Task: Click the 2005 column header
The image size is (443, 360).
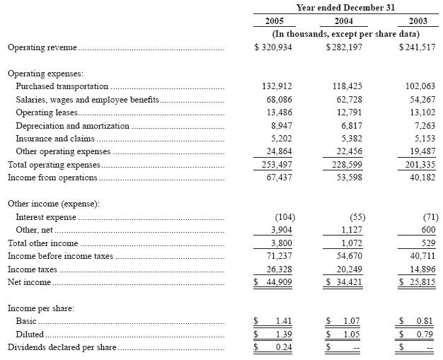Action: (273, 21)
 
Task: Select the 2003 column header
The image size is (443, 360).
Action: (418, 21)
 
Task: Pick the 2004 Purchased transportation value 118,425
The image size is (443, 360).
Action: (347, 86)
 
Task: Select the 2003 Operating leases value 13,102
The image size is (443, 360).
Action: (419, 112)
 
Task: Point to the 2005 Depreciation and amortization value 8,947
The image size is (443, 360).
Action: (279, 126)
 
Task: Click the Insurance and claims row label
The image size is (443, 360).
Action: (55, 139)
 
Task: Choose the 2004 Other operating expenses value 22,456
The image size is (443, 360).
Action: (347, 151)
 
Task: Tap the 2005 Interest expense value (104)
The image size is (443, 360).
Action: (282, 216)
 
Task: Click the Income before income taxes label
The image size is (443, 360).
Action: (60, 255)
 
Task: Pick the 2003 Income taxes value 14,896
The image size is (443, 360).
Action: (419, 269)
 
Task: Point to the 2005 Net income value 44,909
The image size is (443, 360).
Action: (279, 282)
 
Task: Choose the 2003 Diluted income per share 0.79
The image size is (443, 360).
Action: (424, 334)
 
